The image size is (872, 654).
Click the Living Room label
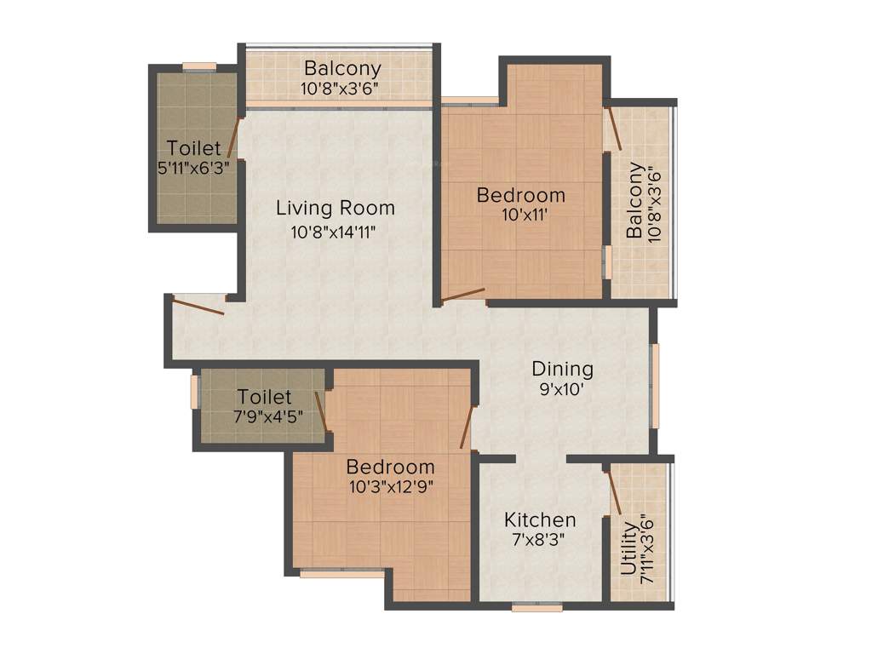click(335, 208)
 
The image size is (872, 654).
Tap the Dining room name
click(562, 369)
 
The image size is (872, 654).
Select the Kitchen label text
click(539, 519)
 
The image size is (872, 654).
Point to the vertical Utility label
click(629, 549)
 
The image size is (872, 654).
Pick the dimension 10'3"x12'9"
click(390, 487)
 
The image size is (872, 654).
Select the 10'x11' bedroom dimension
click(520, 215)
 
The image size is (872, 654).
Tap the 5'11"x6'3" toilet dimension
click(194, 168)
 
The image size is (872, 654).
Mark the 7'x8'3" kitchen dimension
click(539, 540)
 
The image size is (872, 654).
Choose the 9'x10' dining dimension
click(562, 390)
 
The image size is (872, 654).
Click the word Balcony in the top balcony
click(342, 68)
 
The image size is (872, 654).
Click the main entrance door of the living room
click(198, 305)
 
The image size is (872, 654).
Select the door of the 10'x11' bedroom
click(463, 295)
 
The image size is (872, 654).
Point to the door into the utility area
click(613, 490)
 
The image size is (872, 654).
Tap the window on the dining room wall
click(655, 386)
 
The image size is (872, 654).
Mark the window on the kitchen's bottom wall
click(536, 608)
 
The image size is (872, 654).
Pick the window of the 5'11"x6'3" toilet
click(198, 66)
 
